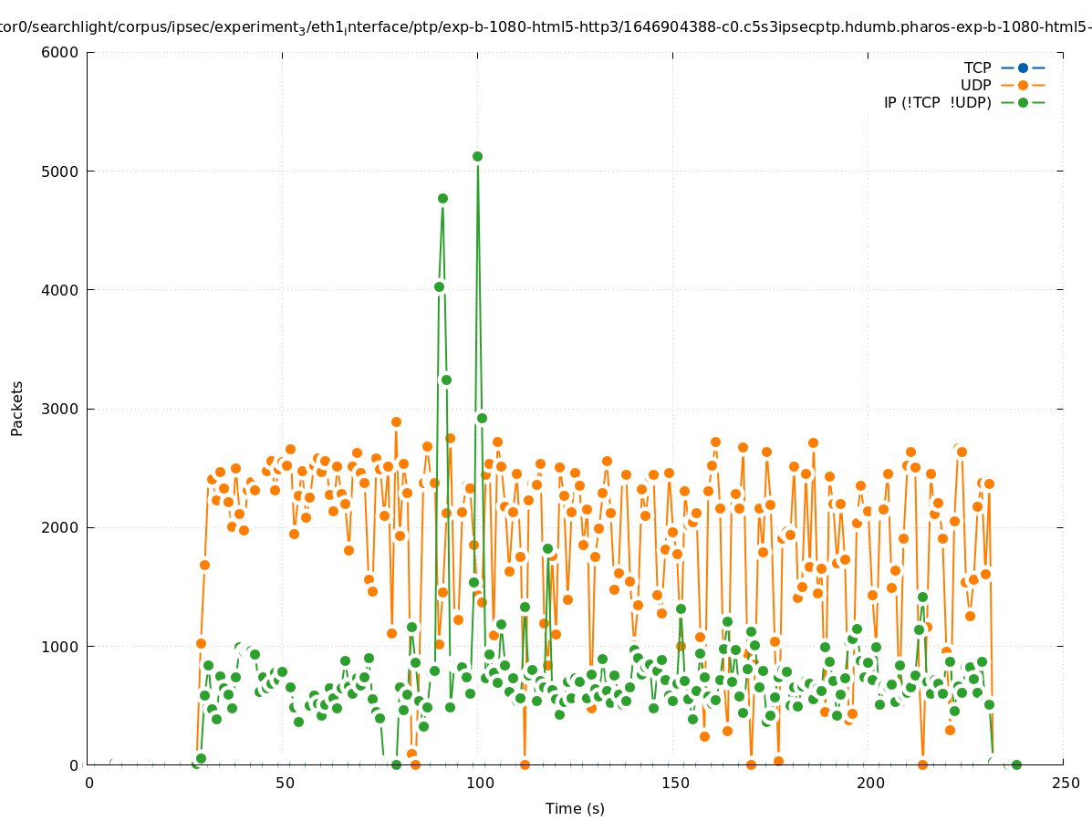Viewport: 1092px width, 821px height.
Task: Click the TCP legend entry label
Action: [977, 68]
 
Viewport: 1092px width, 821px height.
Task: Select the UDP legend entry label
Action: [975, 85]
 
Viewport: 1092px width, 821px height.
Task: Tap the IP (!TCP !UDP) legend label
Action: [937, 102]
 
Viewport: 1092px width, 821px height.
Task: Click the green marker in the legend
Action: [1023, 102]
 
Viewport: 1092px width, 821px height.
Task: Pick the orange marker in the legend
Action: [1023, 85]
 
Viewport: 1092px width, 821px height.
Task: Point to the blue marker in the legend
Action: [1023, 68]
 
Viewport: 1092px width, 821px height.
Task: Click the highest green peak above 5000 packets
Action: [477, 156]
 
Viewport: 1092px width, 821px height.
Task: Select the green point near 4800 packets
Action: [442, 198]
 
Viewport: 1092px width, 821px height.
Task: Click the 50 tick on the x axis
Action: [285, 783]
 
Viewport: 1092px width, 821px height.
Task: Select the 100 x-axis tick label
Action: [480, 783]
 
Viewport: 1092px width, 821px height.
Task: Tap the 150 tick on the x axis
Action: [675, 783]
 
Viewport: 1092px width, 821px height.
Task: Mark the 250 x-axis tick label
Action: [1065, 783]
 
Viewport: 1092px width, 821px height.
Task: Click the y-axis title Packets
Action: [17, 409]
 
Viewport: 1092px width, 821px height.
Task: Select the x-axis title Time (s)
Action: [575, 808]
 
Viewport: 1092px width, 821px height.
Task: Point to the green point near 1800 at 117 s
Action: [547, 549]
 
